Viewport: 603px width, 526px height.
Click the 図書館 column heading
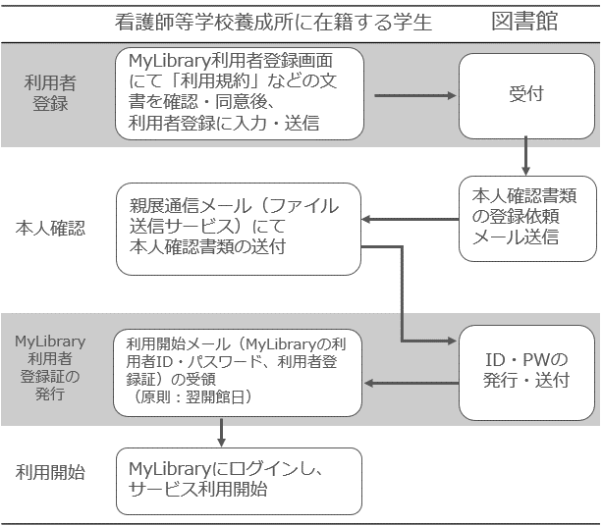pyautogui.click(x=524, y=21)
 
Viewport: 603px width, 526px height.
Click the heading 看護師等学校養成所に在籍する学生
pyautogui.click(x=274, y=22)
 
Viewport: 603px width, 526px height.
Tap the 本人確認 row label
pyautogui.click(x=50, y=229)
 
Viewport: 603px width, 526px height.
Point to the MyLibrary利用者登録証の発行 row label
pyautogui.click(x=50, y=368)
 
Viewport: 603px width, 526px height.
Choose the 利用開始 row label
pyautogui.click(x=50, y=472)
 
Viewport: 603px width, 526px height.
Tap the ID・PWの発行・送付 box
pyautogui.click(x=526, y=370)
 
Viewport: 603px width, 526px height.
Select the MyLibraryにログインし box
pyautogui.click(x=239, y=481)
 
